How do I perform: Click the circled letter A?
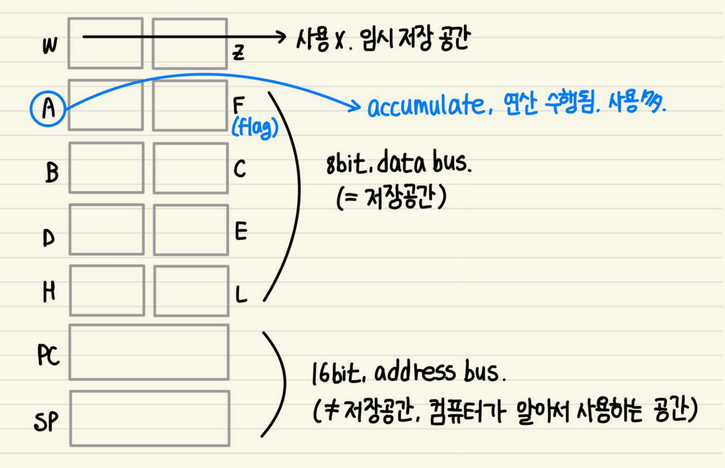coord(48,108)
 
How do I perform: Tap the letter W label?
coord(50,46)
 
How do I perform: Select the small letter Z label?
coord(239,53)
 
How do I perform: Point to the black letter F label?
coord(239,105)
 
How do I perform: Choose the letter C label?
coord(240,169)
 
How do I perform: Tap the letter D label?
coord(48,238)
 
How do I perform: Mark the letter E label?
coord(241,231)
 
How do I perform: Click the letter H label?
coord(49,292)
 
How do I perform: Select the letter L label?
coord(241,295)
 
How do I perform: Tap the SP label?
coord(47,422)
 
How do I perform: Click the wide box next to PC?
coord(149,352)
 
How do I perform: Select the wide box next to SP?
coord(150,418)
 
